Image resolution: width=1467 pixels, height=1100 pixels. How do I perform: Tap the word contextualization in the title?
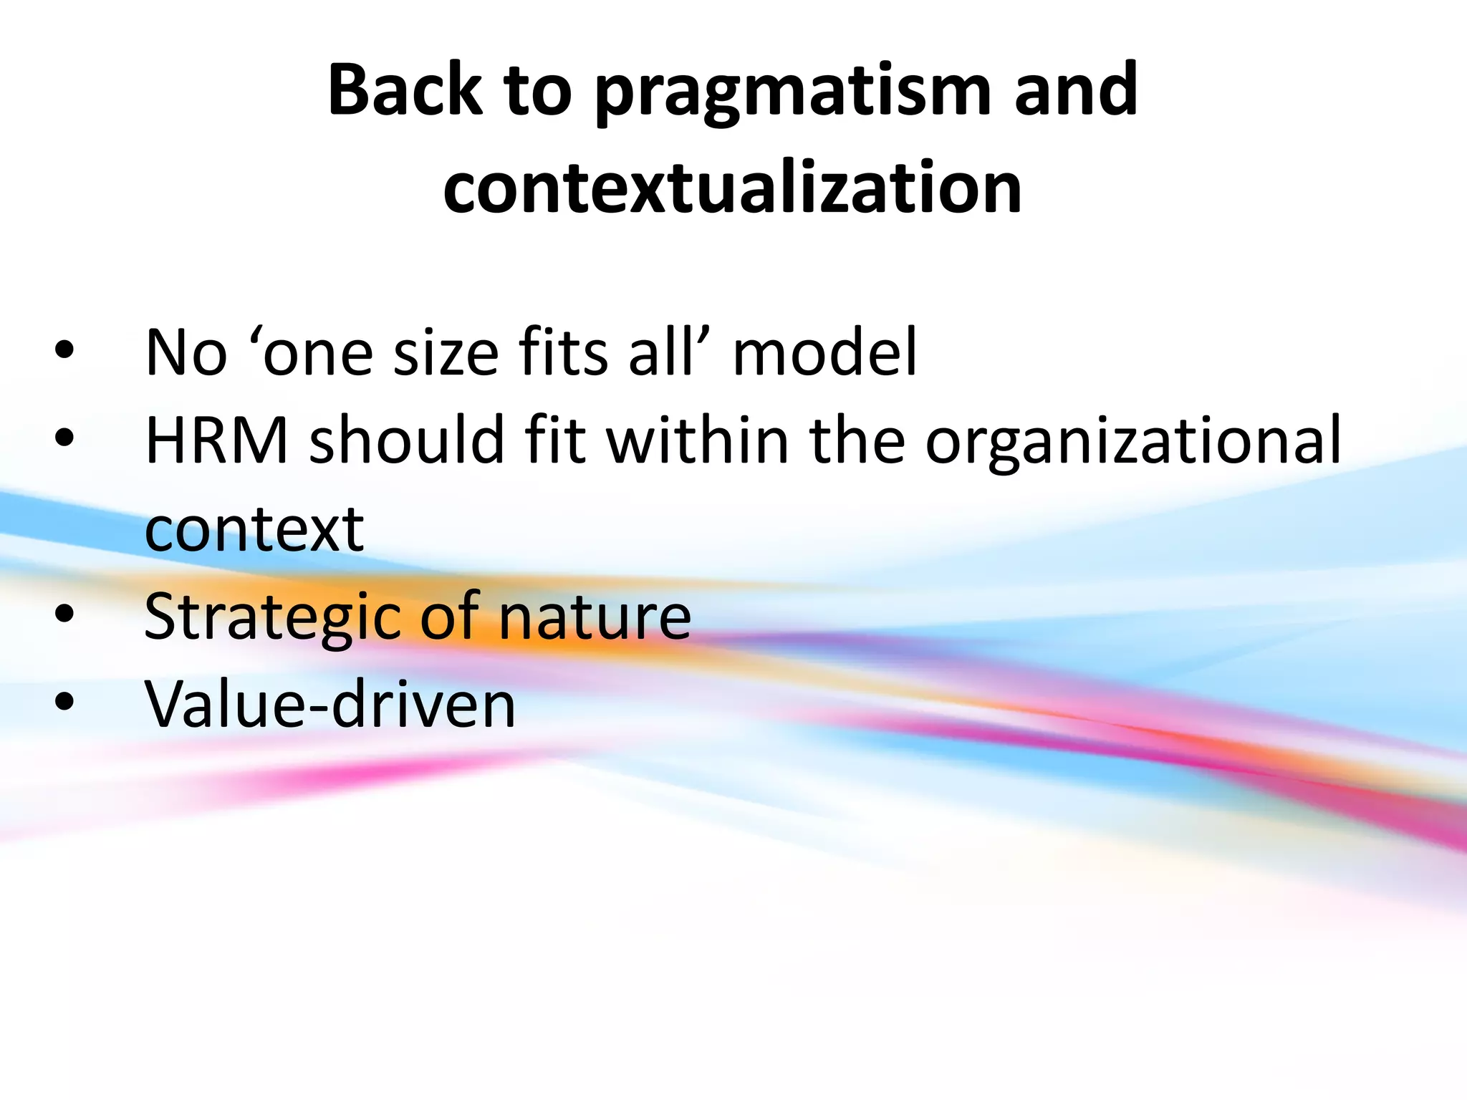(733, 188)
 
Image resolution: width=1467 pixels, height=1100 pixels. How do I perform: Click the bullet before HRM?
(64, 438)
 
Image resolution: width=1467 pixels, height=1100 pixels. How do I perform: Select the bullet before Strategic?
(64, 614)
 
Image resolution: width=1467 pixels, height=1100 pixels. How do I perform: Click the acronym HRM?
(216, 440)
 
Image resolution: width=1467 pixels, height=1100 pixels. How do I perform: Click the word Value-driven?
(330, 704)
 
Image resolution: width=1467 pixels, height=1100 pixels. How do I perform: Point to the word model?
(824, 352)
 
